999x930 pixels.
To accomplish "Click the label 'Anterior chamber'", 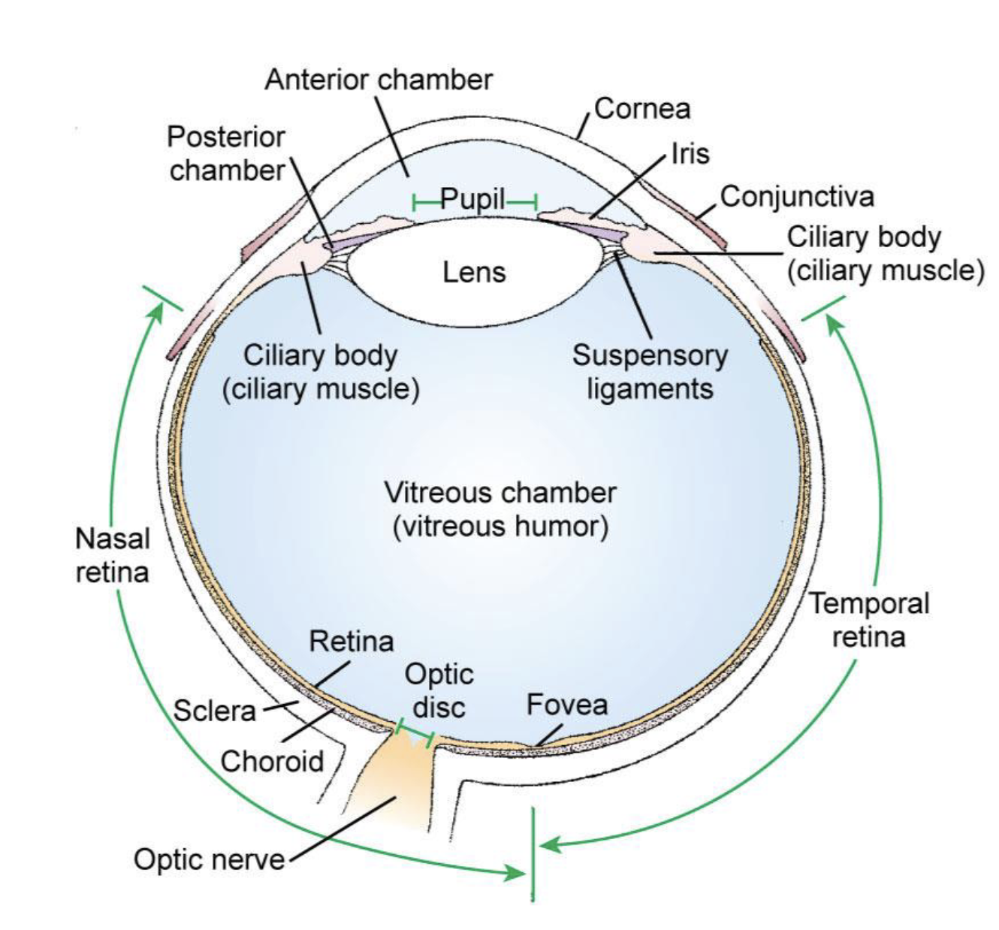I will click(379, 79).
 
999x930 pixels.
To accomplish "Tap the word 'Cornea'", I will click(642, 109).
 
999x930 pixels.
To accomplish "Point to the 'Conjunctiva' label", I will click(797, 197).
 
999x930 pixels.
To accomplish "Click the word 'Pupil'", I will click(472, 200).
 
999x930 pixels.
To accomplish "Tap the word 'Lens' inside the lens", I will click(474, 271).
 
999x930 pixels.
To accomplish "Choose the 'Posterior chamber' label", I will click(226, 154).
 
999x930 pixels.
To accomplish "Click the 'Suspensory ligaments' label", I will click(650, 372).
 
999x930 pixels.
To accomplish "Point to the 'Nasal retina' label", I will click(113, 555).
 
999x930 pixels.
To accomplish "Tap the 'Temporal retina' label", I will click(869, 621).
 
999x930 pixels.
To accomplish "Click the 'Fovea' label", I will click(567, 705).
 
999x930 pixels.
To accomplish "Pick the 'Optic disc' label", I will click(439, 690).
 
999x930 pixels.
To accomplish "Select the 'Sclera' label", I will click(215, 711).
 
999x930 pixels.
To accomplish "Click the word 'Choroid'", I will click(272, 761).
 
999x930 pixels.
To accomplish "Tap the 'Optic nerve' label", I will click(210, 859).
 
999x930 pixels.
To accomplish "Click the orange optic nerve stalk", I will click(391, 789).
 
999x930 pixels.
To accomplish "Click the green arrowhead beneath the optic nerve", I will click(518, 873).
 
